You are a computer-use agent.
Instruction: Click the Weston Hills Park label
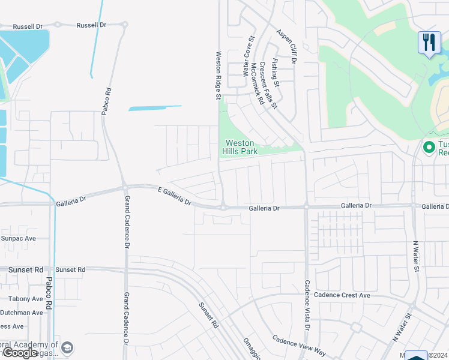click(241, 147)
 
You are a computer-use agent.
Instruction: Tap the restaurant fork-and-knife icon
click(429, 42)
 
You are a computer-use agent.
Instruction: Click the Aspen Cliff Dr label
click(287, 43)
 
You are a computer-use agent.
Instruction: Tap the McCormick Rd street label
click(257, 83)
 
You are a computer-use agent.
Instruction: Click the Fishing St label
click(276, 70)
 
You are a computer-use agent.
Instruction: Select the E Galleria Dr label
click(174, 196)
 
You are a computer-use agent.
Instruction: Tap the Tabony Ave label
click(22, 298)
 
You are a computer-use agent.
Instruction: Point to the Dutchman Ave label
click(22, 313)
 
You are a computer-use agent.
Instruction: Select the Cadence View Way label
click(299, 346)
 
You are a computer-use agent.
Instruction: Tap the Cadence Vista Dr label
click(307, 305)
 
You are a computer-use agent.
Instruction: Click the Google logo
click(20, 353)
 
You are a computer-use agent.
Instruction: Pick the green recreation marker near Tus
click(429, 147)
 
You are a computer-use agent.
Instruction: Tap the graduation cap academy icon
click(67, 347)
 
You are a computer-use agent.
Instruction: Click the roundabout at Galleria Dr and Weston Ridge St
click(223, 208)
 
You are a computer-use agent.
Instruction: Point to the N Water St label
click(415, 256)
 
